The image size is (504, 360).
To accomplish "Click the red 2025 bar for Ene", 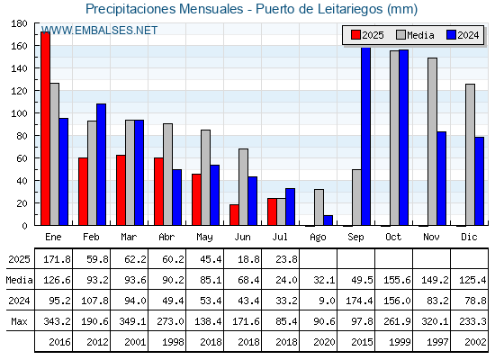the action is click(45, 129).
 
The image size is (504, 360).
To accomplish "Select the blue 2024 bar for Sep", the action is click(365, 136).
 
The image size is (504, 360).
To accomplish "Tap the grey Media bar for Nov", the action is click(432, 141).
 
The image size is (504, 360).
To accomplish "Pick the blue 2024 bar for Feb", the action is click(101, 165).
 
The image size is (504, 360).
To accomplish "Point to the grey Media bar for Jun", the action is click(243, 187).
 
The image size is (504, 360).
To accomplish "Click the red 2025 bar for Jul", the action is click(272, 211).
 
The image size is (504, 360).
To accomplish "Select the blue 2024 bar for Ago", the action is click(328, 220).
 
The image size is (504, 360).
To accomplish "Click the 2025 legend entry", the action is click(367, 35).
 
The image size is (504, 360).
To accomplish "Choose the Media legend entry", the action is click(415, 35).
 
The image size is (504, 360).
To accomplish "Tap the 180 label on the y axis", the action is click(19, 23).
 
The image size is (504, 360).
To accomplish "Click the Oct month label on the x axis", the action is click(393, 238).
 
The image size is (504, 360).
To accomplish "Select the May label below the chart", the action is click(204, 238).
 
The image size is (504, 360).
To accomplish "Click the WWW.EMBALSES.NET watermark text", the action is click(100, 31).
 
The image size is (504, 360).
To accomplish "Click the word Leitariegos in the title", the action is click(350, 9).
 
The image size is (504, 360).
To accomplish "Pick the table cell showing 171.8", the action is click(57, 259).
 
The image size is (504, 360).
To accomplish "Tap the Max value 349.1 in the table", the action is click(132, 321).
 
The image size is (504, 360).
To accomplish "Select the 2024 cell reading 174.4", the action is click(359, 301).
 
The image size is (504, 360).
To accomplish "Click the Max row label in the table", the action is click(19, 321).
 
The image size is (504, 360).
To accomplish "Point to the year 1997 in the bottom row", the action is click(437, 342).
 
